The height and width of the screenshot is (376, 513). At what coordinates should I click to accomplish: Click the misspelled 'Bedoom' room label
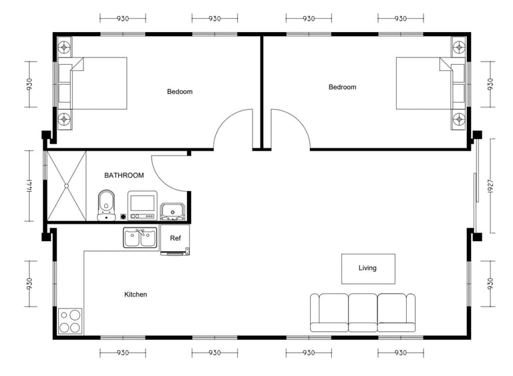(x=180, y=91)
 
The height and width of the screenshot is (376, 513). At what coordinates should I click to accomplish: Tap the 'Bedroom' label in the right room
(x=342, y=87)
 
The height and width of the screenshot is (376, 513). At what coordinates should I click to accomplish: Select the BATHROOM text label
(x=124, y=176)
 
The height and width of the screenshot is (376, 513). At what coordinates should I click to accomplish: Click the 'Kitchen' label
(x=136, y=295)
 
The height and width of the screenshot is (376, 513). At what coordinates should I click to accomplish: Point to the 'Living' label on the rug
(x=367, y=268)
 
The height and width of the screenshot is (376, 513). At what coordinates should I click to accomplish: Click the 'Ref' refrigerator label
(x=175, y=238)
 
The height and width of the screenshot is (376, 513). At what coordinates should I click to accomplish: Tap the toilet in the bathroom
(x=106, y=205)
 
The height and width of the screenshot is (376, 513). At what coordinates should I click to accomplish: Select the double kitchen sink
(x=140, y=238)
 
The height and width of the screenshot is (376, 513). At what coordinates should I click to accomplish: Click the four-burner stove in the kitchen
(x=70, y=321)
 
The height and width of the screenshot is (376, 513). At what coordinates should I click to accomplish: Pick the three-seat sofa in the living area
(x=363, y=313)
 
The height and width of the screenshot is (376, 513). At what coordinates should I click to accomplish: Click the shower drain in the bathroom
(x=66, y=186)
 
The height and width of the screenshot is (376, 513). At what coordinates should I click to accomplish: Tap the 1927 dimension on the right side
(x=490, y=186)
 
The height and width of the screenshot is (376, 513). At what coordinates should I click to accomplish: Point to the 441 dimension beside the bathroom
(x=29, y=186)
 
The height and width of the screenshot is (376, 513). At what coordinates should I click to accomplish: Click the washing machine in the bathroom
(x=142, y=206)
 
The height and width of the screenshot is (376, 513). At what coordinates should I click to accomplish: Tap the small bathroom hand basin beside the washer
(x=172, y=212)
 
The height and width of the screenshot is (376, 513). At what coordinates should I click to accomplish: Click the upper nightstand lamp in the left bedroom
(x=64, y=47)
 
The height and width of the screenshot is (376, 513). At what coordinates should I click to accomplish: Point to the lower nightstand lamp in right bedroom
(x=459, y=118)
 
